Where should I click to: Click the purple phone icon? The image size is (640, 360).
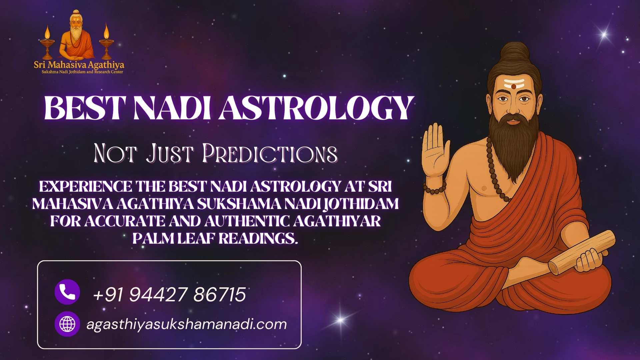click(x=67, y=292)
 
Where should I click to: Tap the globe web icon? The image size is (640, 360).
click(x=67, y=324)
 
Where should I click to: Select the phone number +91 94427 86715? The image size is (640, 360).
click(x=169, y=295)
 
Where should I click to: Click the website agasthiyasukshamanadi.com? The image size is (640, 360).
click(x=186, y=324)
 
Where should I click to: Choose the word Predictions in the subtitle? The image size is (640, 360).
click(x=270, y=154)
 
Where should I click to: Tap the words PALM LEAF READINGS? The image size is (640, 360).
click(x=215, y=238)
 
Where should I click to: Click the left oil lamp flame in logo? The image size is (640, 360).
click(x=47, y=32)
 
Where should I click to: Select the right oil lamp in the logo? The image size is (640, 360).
click(x=106, y=42)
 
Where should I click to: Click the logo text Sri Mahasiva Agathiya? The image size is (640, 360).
click(x=79, y=64)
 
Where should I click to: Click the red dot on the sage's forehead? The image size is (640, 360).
click(x=514, y=86)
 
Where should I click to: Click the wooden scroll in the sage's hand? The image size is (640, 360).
click(x=582, y=252)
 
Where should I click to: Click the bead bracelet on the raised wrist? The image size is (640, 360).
click(x=434, y=188)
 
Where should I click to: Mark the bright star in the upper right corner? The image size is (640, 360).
click(x=604, y=34)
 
